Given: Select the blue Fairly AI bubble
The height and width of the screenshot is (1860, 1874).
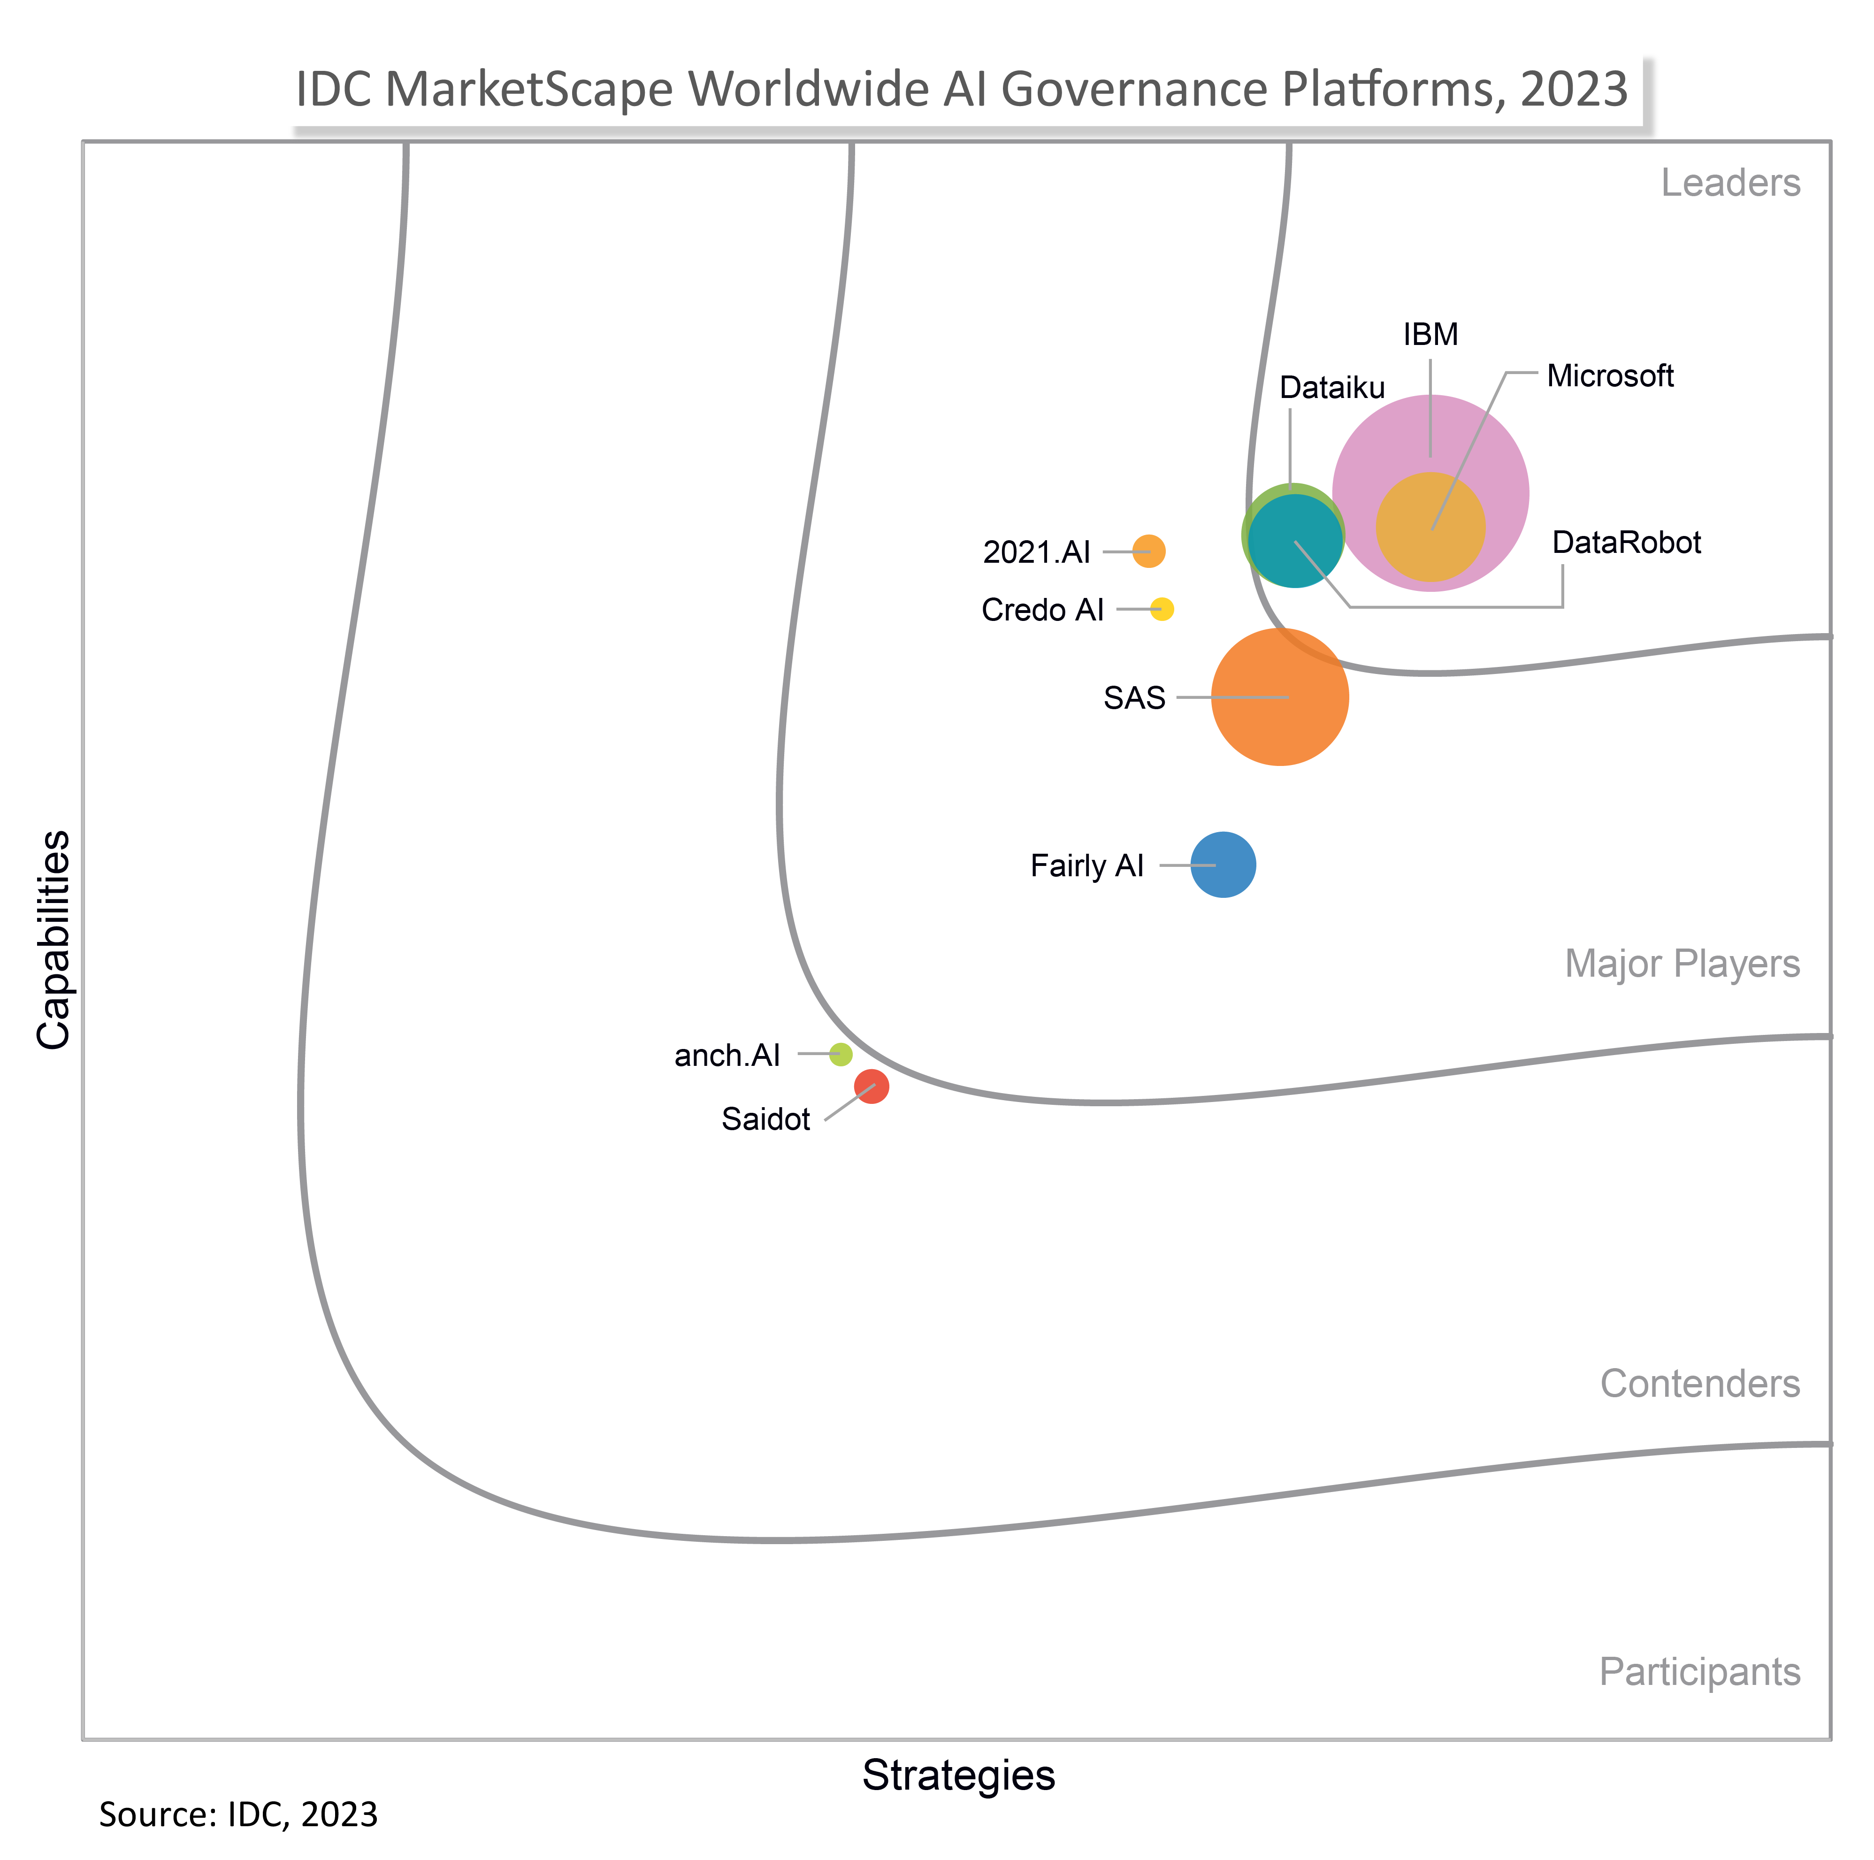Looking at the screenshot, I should coord(1223,865).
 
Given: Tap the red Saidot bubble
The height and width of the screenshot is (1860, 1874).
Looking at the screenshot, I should coord(871,1087).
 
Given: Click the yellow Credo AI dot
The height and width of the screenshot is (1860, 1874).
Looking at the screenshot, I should coord(1162,609).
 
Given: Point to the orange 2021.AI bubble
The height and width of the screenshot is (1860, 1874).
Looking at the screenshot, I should coord(1148,551).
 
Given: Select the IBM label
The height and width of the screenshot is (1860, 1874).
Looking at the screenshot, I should coord(1430,335).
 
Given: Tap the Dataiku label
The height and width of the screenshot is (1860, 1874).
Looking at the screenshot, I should coord(1332,388).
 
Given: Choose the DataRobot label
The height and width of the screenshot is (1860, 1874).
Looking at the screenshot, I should coord(1627,543).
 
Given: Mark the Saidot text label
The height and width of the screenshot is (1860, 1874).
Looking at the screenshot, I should coord(765,1120).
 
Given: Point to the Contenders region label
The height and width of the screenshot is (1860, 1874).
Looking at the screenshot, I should coord(1699,1384).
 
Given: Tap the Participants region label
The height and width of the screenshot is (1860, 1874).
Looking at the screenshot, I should coord(1699,1672).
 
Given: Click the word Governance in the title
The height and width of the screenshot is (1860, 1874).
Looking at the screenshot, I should coord(1135,89).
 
